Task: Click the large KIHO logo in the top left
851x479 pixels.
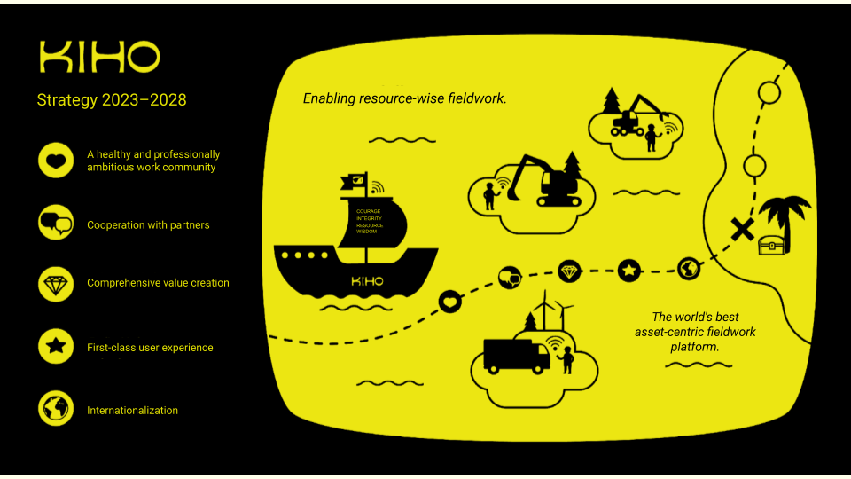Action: [99, 58]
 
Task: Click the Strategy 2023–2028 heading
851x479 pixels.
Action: [112, 100]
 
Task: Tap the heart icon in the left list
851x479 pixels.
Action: [56, 161]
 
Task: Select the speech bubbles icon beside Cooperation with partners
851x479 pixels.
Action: [56, 223]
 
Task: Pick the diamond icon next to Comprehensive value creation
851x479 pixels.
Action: [56, 283]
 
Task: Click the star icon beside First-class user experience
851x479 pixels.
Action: [56, 347]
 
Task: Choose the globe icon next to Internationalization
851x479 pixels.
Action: [56, 408]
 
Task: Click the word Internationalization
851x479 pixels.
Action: [132, 411]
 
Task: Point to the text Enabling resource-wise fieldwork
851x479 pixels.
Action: [405, 98]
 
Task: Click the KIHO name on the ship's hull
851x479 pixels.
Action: [368, 281]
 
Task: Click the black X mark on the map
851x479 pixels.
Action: [742, 230]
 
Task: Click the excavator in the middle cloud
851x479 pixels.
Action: [550, 182]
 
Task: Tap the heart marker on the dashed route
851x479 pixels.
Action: [451, 302]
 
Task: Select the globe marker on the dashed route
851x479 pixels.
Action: [689, 268]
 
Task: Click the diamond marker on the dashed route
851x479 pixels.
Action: [569, 270]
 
